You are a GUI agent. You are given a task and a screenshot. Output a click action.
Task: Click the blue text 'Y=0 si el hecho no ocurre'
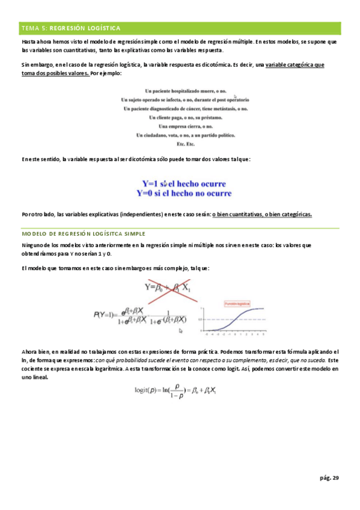(185, 193)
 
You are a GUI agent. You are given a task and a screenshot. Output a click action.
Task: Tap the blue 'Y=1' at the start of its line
(150, 183)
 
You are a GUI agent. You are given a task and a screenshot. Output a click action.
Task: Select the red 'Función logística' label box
(236, 304)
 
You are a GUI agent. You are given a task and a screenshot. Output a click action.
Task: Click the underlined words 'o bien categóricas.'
(288, 215)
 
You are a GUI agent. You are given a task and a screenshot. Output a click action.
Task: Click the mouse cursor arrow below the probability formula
(181, 331)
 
